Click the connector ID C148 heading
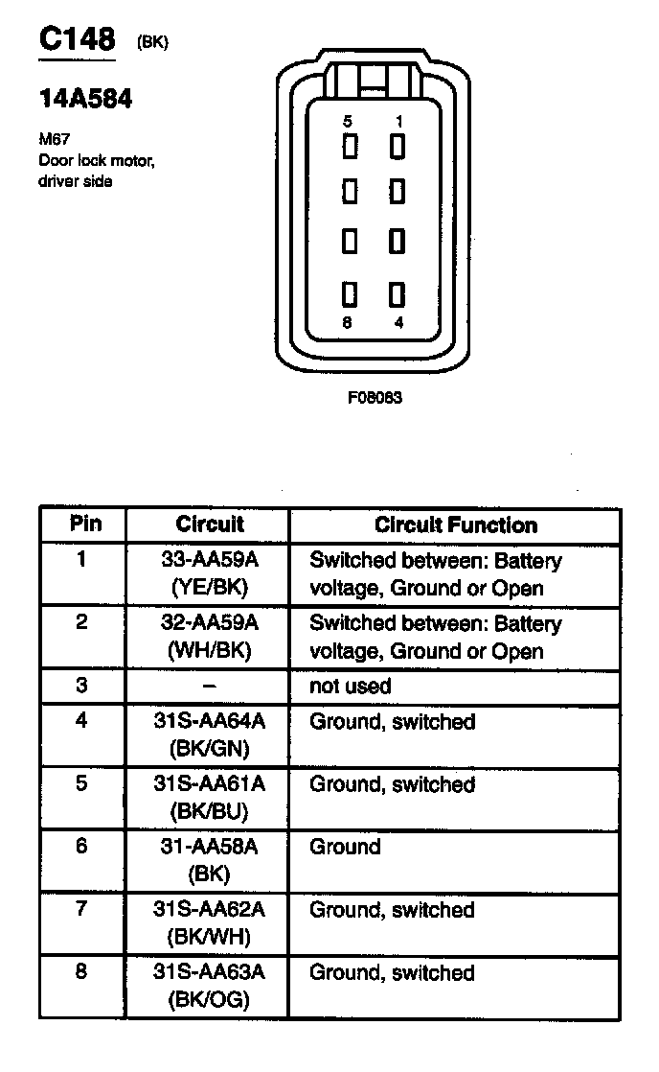click(x=77, y=40)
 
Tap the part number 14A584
click(x=85, y=99)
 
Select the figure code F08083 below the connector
click(x=375, y=397)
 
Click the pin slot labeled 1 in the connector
click(x=398, y=147)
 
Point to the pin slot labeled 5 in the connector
click(x=350, y=147)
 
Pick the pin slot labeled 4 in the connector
click(x=398, y=293)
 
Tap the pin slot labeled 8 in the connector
click(x=350, y=293)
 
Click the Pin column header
click(x=84, y=524)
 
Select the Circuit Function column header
click(x=455, y=525)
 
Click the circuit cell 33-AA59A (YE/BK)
click(x=209, y=573)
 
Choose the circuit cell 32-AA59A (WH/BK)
click(x=209, y=637)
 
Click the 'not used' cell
click(x=350, y=687)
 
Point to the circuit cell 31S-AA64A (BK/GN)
click(x=209, y=734)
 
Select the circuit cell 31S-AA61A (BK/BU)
click(x=209, y=797)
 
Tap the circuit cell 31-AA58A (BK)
click(x=209, y=860)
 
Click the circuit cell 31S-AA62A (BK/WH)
click(x=209, y=922)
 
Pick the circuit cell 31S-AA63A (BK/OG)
click(x=209, y=986)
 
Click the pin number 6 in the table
click(x=81, y=848)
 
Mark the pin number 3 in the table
click(x=81, y=687)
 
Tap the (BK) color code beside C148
click(x=153, y=43)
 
